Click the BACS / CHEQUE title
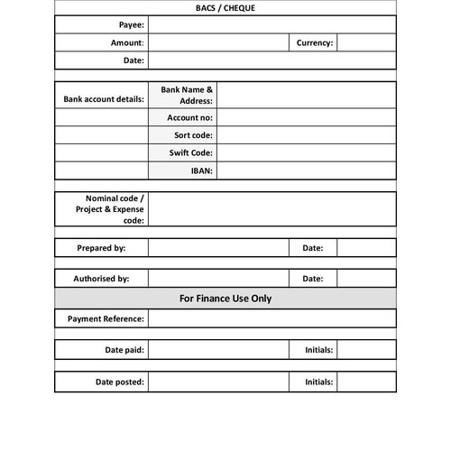point(225,8)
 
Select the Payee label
point(131,25)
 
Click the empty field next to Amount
point(217,42)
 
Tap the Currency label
point(314,42)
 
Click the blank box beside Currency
point(366,42)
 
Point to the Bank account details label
point(103,99)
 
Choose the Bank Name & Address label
point(187,95)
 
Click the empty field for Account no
point(306,117)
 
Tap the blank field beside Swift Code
point(306,152)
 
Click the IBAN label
point(201,170)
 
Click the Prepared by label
point(101,247)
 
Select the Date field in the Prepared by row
point(366,247)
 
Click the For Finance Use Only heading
point(225,298)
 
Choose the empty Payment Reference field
point(272,318)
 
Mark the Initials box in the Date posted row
point(366,382)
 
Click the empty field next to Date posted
point(217,382)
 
